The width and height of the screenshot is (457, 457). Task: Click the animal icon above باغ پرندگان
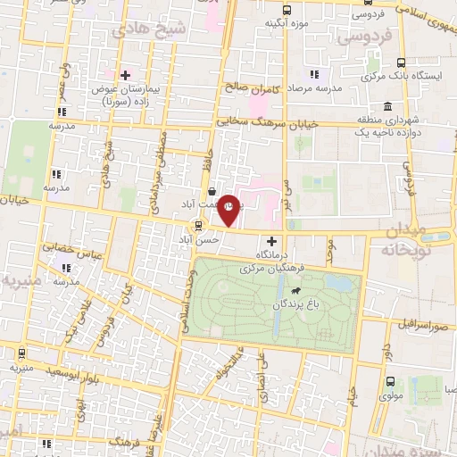[294, 291]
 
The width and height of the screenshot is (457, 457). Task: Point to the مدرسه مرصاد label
[323, 90]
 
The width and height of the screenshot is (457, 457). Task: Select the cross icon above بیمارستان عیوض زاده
[125, 75]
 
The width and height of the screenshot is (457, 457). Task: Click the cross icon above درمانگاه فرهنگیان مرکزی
[272, 241]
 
